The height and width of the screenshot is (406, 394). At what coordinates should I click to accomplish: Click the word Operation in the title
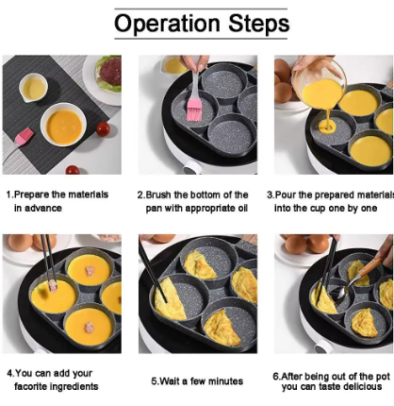(x=167, y=24)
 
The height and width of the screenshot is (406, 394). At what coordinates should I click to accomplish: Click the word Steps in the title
(x=258, y=23)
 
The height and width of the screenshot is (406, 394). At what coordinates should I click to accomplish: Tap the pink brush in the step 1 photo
(x=25, y=136)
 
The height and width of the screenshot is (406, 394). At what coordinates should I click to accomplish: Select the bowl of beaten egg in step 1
(x=63, y=126)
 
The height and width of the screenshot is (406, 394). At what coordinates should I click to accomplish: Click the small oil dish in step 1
(x=33, y=88)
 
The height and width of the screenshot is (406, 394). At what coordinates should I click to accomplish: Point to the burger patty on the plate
(x=110, y=71)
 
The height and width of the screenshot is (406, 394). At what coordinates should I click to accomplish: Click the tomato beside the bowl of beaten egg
(x=103, y=129)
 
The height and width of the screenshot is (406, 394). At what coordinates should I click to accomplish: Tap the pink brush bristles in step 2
(x=194, y=110)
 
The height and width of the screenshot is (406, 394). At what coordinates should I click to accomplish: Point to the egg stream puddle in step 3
(x=327, y=127)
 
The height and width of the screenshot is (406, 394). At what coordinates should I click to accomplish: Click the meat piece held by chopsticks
(x=52, y=286)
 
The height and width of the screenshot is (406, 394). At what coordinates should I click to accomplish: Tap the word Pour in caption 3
(x=286, y=195)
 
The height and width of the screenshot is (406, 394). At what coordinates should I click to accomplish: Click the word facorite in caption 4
(x=31, y=386)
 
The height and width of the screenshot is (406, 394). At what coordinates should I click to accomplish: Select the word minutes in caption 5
(x=225, y=381)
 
